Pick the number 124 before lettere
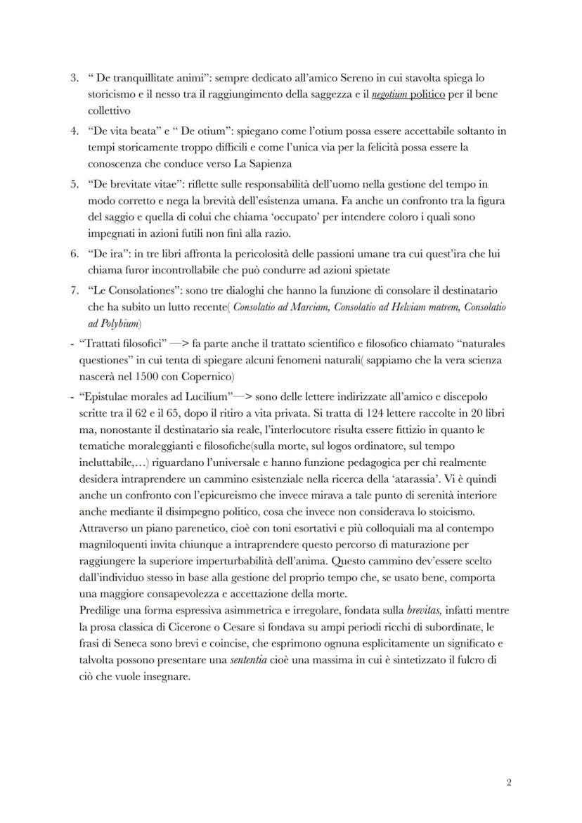click(x=327, y=415)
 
